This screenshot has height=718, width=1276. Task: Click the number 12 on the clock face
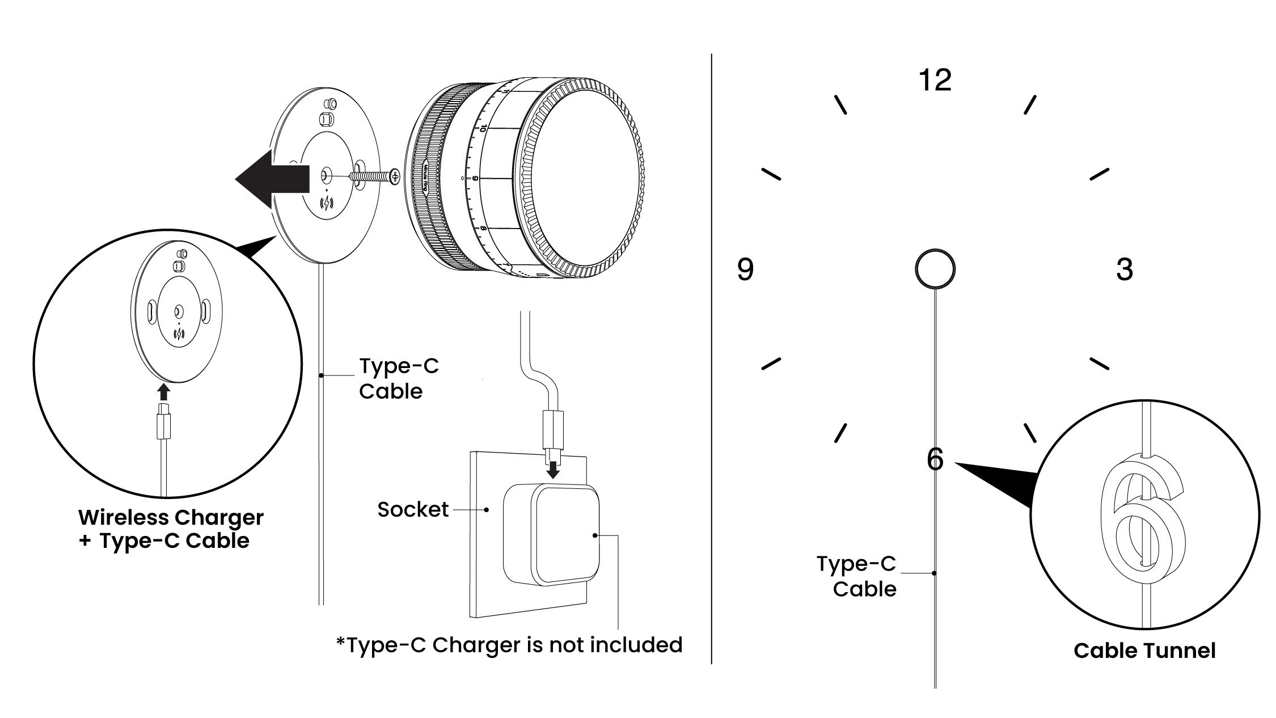(x=935, y=81)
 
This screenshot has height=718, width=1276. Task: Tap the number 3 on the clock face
(x=1124, y=269)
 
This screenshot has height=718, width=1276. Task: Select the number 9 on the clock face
(x=745, y=269)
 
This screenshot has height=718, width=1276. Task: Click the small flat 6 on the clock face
(x=935, y=459)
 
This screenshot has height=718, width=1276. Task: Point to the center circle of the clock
(x=935, y=268)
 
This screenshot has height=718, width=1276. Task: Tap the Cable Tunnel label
(x=1144, y=651)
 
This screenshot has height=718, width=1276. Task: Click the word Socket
(x=413, y=509)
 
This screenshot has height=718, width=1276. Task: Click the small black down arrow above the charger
(x=552, y=470)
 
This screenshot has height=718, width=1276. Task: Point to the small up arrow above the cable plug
(x=163, y=392)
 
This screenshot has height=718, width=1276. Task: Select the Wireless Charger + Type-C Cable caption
(x=171, y=529)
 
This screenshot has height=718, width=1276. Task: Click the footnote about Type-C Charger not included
(x=509, y=645)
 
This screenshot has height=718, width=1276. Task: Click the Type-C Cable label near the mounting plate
(x=399, y=378)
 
